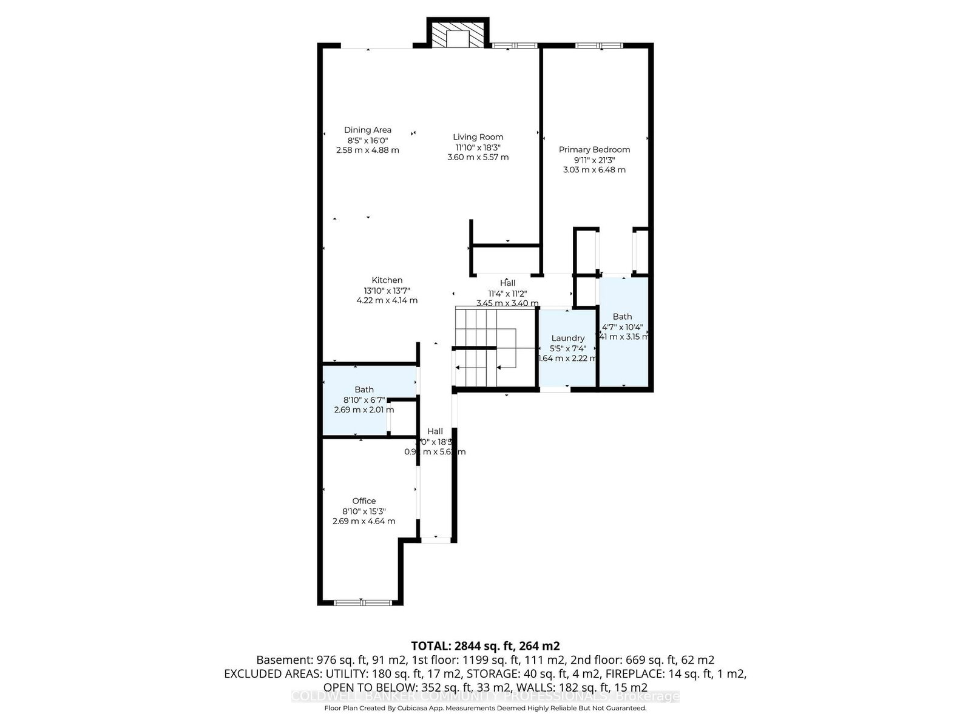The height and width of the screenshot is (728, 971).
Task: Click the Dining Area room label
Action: click(x=367, y=130)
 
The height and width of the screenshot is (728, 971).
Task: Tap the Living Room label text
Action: click(x=478, y=137)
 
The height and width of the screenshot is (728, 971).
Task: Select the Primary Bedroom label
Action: click(x=594, y=150)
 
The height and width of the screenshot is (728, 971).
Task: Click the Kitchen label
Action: click(x=387, y=280)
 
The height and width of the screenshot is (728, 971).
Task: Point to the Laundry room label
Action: click(x=567, y=339)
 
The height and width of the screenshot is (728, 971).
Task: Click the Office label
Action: click(x=364, y=501)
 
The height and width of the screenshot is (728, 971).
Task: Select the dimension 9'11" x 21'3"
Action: click(x=594, y=160)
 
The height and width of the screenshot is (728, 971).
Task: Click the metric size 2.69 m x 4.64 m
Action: click(x=364, y=521)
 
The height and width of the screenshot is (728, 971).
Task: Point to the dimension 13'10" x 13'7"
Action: click(x=387, y=291)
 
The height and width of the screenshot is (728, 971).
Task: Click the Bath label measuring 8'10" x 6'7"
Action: click(x=364, y=389)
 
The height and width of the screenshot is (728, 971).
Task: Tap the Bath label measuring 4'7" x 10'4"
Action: click(x=622, y=317)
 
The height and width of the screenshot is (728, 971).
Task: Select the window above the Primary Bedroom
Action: click(x=598, y=45)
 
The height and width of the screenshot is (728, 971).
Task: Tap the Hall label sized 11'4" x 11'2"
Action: click(x=507, y=283)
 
